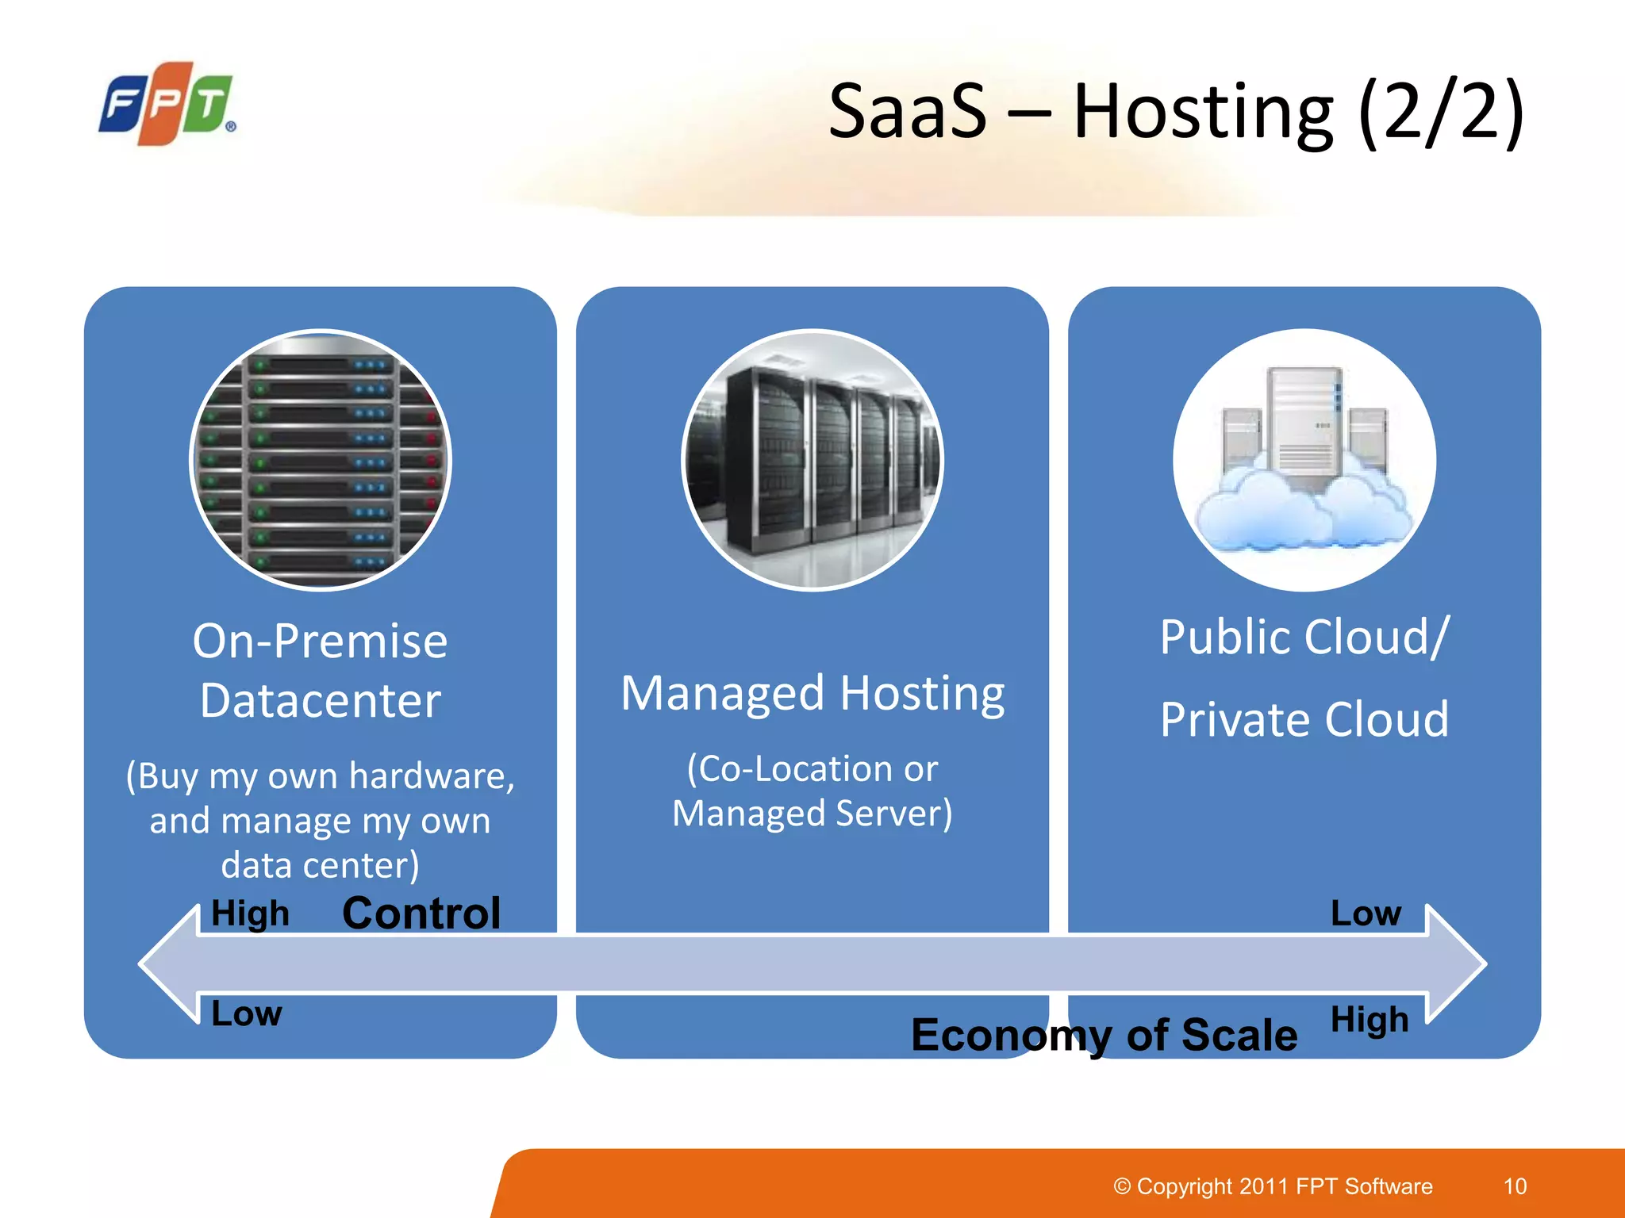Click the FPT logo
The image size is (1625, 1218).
(x=167, y=104)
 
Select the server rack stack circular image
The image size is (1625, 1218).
(x=321, y=460)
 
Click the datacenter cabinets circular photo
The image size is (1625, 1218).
(x=812, y=460)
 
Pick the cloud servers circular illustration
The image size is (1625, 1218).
(x=1304, y=460)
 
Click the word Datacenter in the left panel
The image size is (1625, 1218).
(x=321, y=700)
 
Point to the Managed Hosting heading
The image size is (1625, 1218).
(x=812, y=693)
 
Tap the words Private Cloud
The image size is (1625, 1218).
(x=1304, y=719)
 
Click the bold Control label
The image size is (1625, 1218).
(x=421, y=913)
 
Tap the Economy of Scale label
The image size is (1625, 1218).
(x=1104, y=1035)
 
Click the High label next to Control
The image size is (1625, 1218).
(x=250, y=913)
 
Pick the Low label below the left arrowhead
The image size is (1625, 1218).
(x=247, y=1013)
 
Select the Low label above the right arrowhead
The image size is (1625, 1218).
(x=1366, y=913)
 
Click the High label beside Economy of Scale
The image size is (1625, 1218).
(x=1370, y=1019)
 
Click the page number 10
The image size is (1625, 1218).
(x=1515, y=1186)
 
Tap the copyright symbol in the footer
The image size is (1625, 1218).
(x=1122, y=1186)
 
